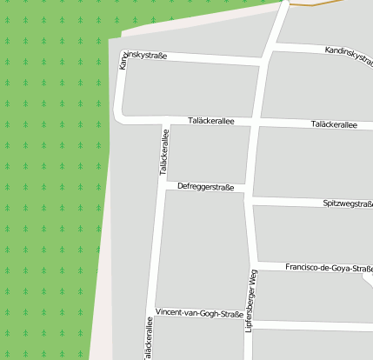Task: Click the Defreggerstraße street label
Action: click(x=206, y=187)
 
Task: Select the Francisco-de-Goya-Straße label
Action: click(x=329, y=268)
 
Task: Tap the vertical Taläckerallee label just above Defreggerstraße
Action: click(x=163, y=151)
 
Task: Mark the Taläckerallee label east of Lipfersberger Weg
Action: click(x=334, y=125)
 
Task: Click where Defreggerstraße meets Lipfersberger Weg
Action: click(x=248, y=190)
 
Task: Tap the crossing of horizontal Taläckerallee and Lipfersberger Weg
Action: click(x=253, y=122)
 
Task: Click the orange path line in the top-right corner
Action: click(x=330, y=4)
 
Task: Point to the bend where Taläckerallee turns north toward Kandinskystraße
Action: click(x=123, y=117)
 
